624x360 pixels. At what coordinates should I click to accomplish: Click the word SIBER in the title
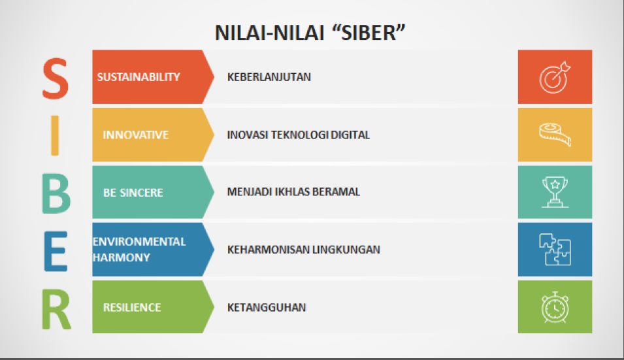click(x=368, y=33)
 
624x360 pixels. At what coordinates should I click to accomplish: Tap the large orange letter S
click(x=56, y=78)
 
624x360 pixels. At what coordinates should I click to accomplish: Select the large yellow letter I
click(x=56, y=136)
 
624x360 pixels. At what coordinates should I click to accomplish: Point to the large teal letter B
click(x=56, y=194)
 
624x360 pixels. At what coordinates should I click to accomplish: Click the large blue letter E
click(x=56, y=251)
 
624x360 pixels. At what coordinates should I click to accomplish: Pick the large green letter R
click(x=56, y=309)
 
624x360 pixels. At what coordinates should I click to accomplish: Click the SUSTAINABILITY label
click(x=139, y=77)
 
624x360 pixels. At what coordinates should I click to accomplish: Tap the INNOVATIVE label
click(x=136, y=135)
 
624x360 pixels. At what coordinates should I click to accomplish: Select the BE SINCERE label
click(x=133, y=193)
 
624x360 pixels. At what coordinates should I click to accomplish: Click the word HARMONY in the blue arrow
click(x=122, y=257)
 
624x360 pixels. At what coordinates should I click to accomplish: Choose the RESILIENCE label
click(x=132, y=308)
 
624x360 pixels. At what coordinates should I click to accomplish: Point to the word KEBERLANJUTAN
click(x=269, y=77)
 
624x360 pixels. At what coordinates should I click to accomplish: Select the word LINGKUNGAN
click(x=346, y=250)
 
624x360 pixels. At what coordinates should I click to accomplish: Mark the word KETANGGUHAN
click(x=267, y=308)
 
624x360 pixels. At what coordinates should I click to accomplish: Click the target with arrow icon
click(x=555, y=77)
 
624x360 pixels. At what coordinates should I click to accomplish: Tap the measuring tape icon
click(x=555, y=135)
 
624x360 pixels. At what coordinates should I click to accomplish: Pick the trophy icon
click(x=555, y=192)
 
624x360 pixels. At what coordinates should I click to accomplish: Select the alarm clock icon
click(x=555, y=307)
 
